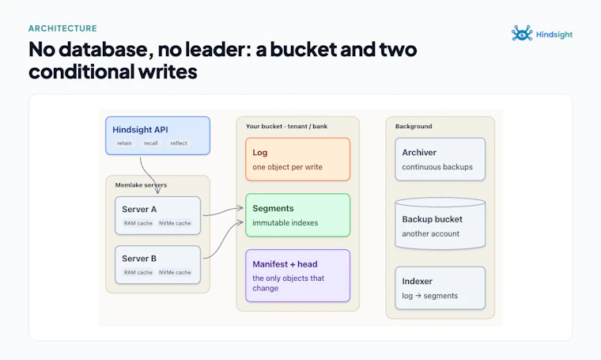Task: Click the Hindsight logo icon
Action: [522, 33]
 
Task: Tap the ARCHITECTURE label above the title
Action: [62, 28]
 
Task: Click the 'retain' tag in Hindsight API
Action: [124, 143]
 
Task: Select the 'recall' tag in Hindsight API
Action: [150, 143]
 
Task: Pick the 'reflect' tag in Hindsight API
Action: [179, 143]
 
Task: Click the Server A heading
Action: [139, 210]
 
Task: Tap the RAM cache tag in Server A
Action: [138, 223]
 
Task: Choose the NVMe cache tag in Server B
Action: [175, 272]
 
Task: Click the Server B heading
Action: [139, 259]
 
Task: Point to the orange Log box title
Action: [260, 153]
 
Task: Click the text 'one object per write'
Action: [288, 167]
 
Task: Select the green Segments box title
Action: [273, 209]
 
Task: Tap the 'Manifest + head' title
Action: [285, 264]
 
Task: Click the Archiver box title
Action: [419, 153]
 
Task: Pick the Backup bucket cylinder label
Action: [433, 219]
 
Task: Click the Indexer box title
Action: [417, 282]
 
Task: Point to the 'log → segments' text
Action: [430, 296]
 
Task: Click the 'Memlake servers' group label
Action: [141, 185]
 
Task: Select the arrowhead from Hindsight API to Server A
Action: [158, 191]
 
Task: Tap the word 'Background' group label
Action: [414, 126]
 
